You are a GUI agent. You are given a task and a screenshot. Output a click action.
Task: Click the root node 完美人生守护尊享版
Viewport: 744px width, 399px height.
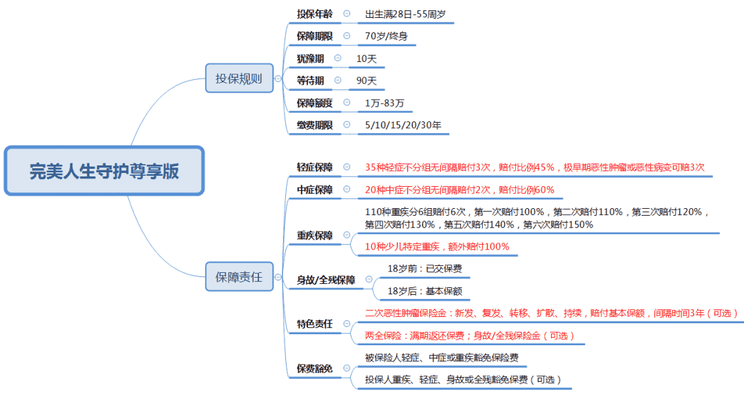(105, 171)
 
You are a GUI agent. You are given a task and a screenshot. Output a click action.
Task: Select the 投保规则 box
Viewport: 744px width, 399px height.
(239, 79)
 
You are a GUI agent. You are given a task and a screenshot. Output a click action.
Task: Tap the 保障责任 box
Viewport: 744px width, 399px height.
(239, 276)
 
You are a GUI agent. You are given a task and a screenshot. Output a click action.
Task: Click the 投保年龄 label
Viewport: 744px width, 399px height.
(315, 14)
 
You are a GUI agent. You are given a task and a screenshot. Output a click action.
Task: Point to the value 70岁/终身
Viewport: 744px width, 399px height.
(386, 36)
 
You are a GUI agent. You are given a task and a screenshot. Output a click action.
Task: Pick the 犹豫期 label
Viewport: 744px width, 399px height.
(310, 59)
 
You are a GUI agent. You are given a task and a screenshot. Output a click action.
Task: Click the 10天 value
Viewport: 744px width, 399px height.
(366, 59)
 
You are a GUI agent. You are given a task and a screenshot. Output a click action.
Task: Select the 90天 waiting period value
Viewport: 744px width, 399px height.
(366, 81)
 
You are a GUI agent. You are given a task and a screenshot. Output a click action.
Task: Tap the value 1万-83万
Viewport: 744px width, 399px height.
(384, 103)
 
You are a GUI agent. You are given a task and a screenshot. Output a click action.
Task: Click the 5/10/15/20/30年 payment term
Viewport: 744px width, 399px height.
(403, 125)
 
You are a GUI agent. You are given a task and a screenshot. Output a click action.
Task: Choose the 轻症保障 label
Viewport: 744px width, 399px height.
(315, 167)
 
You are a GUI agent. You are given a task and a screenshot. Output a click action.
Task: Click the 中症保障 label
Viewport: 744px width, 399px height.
(315, 190)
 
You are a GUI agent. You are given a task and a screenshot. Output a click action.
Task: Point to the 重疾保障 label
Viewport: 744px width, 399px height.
(315, 235)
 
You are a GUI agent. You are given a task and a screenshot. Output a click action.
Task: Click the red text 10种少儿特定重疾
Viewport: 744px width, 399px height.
(402, 247)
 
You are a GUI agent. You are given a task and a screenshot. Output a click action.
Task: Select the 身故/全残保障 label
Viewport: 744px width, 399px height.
(326, 280)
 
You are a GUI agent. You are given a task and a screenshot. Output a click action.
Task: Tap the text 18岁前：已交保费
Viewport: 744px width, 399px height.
(424, 269)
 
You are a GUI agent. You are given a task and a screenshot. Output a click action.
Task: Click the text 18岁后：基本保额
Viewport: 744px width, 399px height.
(424, 291)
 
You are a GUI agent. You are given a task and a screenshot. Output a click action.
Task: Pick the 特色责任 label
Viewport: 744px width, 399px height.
(315, 324)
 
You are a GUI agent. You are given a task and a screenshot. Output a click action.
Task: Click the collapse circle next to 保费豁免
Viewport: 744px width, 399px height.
(347, 368)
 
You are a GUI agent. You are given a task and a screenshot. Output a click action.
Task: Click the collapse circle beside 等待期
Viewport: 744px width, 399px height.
(338, 80)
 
